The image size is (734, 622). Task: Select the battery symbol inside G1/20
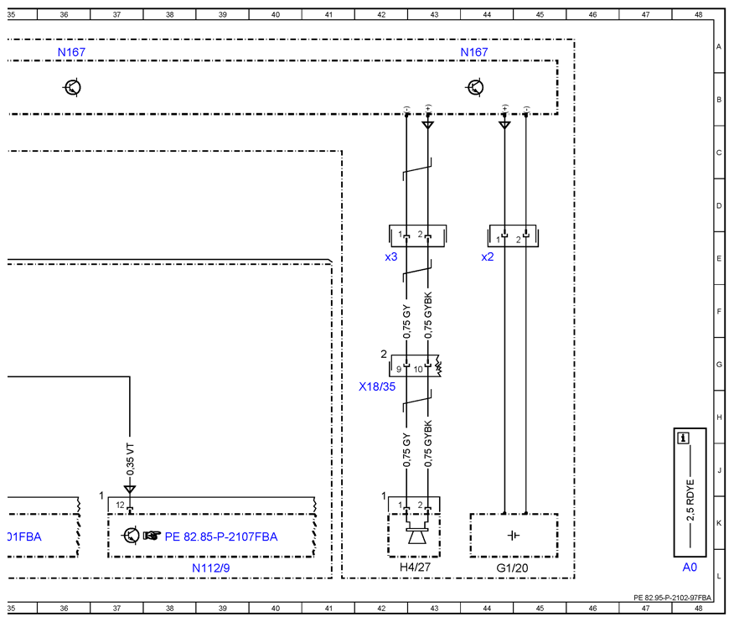[514, 535]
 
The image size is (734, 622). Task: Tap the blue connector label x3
[390, 257]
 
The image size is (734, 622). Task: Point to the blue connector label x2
[488, 257]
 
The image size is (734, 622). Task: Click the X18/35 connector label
[377, 386]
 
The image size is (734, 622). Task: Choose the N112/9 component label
[210, 568]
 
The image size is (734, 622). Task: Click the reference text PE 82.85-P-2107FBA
[221, 536]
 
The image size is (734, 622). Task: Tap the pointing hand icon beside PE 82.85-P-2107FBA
[152, 536]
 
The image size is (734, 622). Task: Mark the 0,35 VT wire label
[130, 459]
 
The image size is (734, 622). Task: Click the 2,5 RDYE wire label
[690, 500]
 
